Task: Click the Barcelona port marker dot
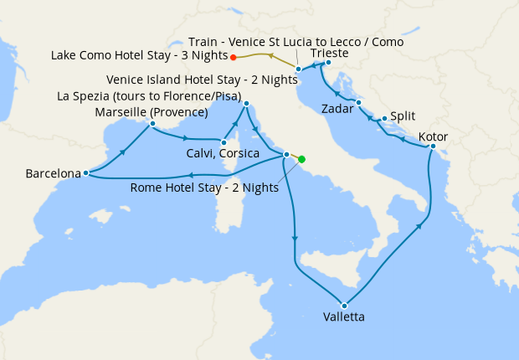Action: tap(86, 173)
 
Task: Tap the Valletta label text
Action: tap(343, 317)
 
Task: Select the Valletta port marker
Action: tap(344, 305)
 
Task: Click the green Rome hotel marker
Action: tap(301, 159)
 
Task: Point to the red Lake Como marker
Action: tap(233, 57)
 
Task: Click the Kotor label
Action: tap(433, 136)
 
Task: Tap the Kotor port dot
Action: tap(433, 147)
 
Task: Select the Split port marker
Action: tap(384, 119)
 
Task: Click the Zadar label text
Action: tap(337, 109)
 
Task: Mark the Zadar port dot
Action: tap(358, 103)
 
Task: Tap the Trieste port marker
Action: tap(328, 63)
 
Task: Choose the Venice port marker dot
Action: tap(298, 69)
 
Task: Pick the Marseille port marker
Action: tap(152, 124)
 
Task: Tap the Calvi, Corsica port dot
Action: tap(224, 143)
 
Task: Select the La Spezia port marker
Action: tap(246, 104)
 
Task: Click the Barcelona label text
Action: tap(53, 174)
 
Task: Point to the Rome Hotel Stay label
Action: tap(204, 188)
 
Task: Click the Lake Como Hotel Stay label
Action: tap(138, 57)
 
